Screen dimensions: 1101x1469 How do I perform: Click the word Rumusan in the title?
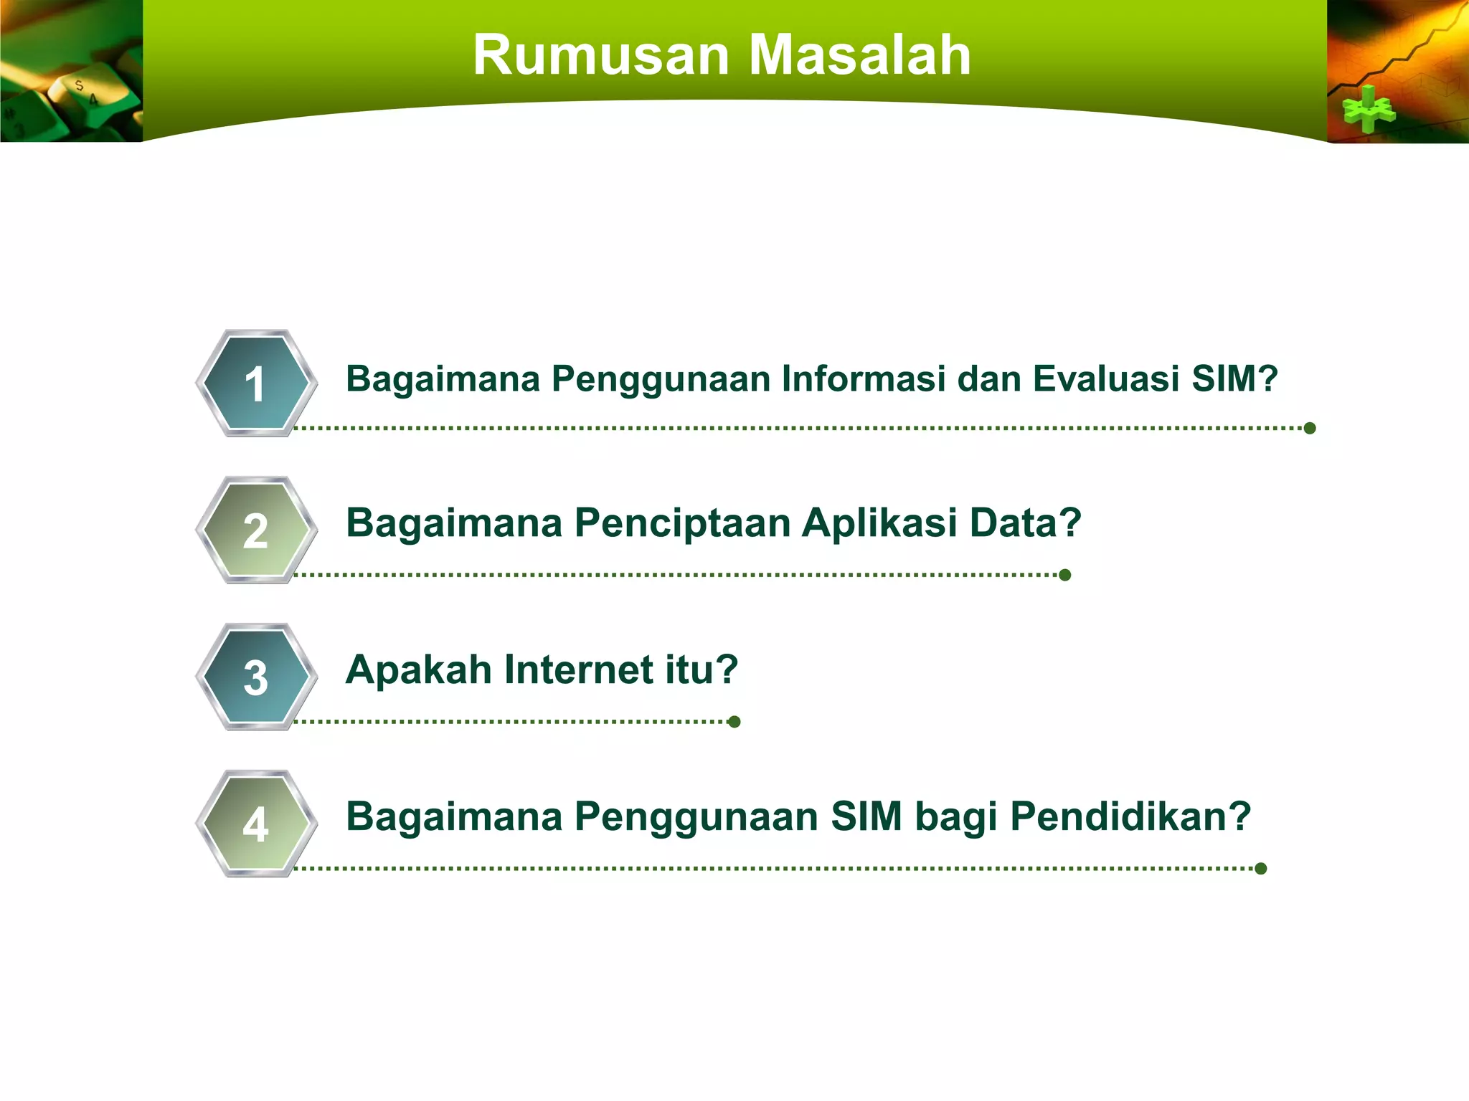point(601,55)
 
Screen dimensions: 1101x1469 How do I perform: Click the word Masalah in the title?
point(859,55)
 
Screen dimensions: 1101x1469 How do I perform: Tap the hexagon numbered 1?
point(256,383)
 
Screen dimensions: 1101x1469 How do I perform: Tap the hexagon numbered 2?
point(256,530)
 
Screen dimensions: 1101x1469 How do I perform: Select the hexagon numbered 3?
point(256,677)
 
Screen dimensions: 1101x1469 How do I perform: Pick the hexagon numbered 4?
point(256,824)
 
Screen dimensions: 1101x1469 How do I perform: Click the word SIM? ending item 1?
point(1234,378)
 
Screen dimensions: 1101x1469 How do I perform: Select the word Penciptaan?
point(681,523)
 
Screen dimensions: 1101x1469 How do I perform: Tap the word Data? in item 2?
point(1025,523)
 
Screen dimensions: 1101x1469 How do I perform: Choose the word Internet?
point(578,670)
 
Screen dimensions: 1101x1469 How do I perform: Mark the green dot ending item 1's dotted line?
point(1310,429)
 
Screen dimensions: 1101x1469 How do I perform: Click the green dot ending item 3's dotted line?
point(734,722)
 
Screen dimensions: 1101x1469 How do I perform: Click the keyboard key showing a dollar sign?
point(80,87)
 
